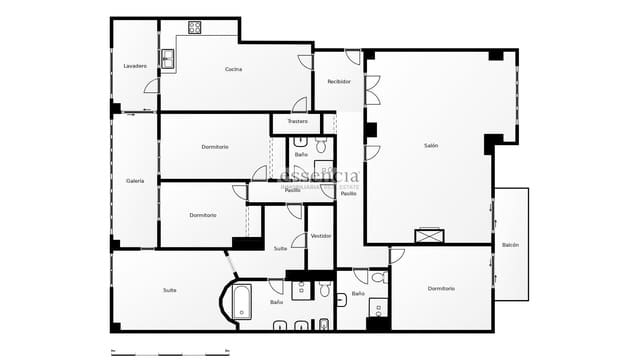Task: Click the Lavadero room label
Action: pyautogui.click(x=135, y=66)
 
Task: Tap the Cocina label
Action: pyautogui.click(x=233, y=69)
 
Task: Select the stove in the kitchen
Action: pyautogui.click(x=194, y=27)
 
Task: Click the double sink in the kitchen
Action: pyautogui.click(x=168, y=59)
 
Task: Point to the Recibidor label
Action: pyautogui.click(x=339, y=81)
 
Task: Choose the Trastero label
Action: pyautogui.click(x=297, y=122)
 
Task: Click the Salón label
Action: pyautogui.click(x=431, y=145)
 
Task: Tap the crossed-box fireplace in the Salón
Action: pyautogui.click(x=428, y=236)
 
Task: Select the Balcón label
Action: pyautogui.click(x=510, y=244)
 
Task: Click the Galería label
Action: pyautogui.click(x=135, y=181)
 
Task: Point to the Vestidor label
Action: pyautogui.click(x=320, y=236)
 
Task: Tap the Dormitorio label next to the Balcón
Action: pyautogui.click(x=441, y=289)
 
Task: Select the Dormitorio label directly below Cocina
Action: pyautogui.click(x=215, y=147)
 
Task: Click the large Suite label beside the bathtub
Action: pyautogui.click(x=170, y=290)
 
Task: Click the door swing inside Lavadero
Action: pyautogui.click(x=152, y=87)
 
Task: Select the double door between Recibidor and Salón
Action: pyautogui.click(x=371, y=90)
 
